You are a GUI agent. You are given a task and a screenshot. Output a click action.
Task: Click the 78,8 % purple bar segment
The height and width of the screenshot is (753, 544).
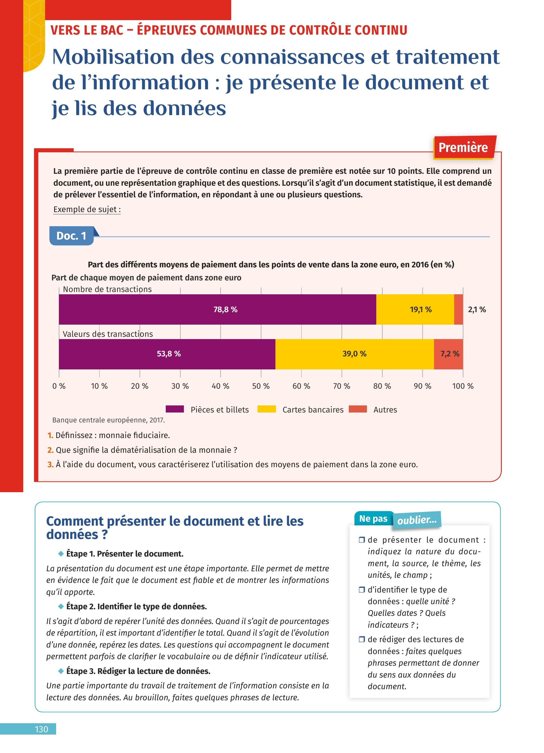point(217,309)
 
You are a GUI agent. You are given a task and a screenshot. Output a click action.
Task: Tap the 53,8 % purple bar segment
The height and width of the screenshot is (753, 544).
point(167,354)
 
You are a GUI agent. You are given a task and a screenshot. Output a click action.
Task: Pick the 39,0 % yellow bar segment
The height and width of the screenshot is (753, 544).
point(354,354)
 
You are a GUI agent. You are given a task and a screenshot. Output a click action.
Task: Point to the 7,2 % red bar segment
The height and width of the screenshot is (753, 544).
point(449,354)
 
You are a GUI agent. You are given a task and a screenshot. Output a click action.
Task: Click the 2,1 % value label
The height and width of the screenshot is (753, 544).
point(477,309)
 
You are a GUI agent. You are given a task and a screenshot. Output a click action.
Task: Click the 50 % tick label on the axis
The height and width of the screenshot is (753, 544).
point(261,386)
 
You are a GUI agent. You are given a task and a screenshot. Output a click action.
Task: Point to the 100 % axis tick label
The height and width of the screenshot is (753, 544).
point(463,386)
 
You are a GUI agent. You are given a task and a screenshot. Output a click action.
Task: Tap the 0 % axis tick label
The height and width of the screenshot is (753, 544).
point(59,386)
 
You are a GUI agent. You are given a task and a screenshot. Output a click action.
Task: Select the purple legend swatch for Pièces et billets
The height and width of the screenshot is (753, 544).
point(175,409)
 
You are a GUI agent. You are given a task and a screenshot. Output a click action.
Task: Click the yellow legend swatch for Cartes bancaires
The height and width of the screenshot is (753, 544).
point(266,409)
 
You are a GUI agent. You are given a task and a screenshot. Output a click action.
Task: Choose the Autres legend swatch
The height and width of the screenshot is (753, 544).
point(358,409)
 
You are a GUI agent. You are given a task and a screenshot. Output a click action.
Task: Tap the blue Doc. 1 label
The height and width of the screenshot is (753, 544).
point(71,236)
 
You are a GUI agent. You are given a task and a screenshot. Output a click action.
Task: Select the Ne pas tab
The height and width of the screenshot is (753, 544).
point(373,519)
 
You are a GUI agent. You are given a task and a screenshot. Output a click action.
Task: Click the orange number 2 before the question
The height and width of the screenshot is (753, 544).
point(50,450)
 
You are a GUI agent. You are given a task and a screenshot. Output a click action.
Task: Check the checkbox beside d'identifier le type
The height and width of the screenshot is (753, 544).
point(362,590)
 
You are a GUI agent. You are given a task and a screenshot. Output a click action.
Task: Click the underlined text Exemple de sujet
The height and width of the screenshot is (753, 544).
point(87,210)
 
